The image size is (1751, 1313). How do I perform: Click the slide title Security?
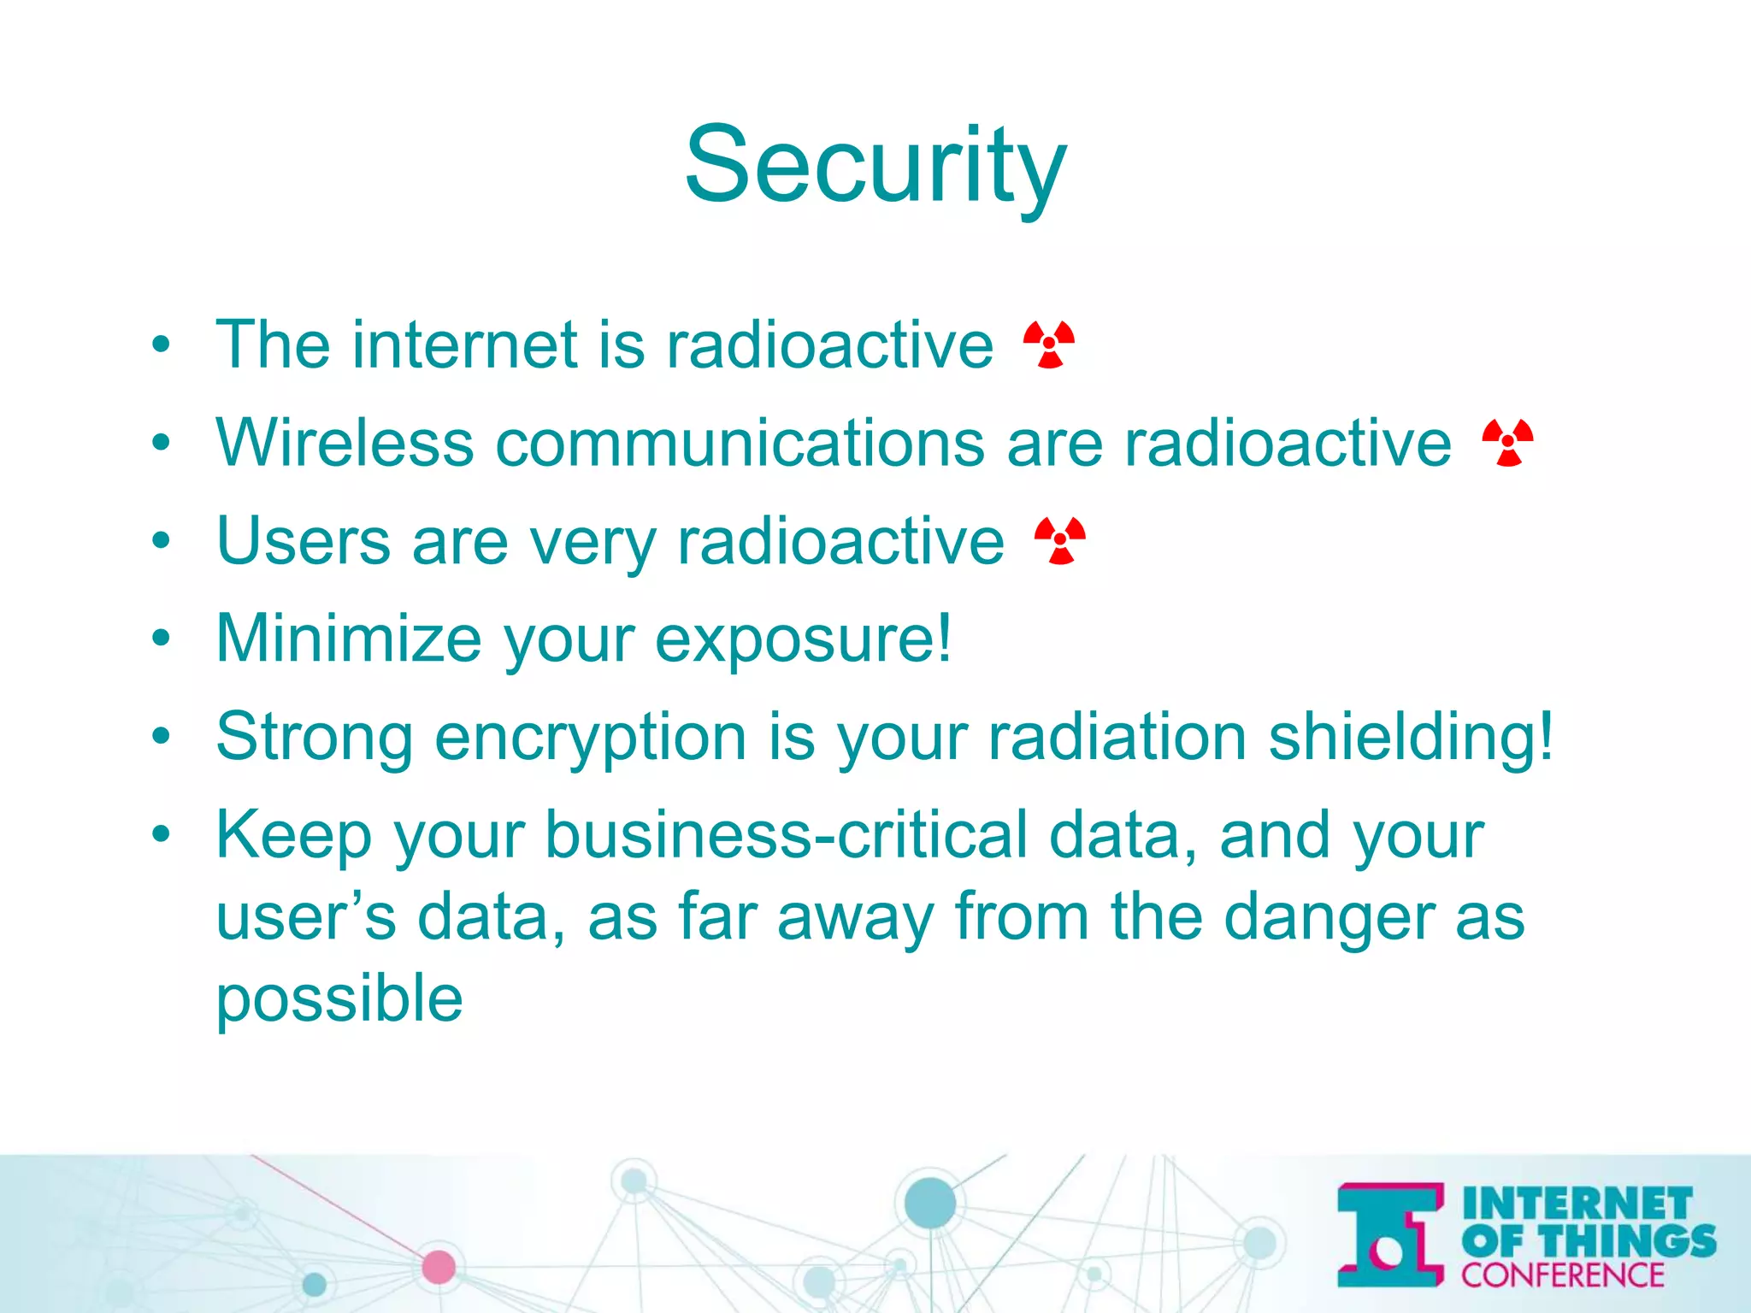[x=875, y=164]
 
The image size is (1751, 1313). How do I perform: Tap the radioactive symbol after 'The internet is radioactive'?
[x=1049, y=344]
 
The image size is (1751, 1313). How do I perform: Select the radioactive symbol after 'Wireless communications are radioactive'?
[x=1508, y=443]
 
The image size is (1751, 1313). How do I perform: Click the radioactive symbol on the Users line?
[x=1060, y=541]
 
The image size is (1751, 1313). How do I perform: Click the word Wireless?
[x=345, y=443]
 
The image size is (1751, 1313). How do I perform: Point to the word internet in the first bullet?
[x=463, y=344]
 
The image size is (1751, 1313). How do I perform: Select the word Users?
[x=304, y=541]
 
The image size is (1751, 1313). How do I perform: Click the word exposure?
[x=803, y=640]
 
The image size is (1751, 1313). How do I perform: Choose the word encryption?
[x=591, y=738]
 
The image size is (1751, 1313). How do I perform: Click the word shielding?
[x=1411, y=738]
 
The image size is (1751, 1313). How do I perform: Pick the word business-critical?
[x=787, y=835]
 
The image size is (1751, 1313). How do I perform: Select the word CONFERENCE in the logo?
[x=1562, y=1275]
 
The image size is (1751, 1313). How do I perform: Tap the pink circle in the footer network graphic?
[x=439, y=1267]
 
